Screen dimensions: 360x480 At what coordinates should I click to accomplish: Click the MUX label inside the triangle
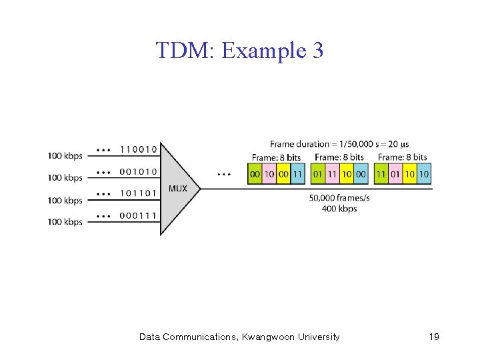pyautogui.click(x=178, y=189)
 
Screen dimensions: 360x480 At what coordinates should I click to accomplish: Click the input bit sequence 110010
pyautogui.click(x=139, y=149)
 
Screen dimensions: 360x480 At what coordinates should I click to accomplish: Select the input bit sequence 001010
pyautogui.click(x=139, y=171)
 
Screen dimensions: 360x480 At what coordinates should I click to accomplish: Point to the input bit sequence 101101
pyautogui.click(x=139, y=193)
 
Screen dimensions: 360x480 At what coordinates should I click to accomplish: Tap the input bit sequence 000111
pyautogui.click(x=139, y=215)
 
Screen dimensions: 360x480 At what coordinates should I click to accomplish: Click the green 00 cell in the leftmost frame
pyautogui.click(x=255, y=174)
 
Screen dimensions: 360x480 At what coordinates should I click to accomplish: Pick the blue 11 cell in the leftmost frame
pyautogui.click(x=297, y=174)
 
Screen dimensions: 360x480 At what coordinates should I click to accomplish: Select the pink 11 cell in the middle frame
pyautogui.click(x=332, y=174)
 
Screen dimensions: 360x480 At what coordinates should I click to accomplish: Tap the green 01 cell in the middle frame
pyautogui.click(x=318, y=174)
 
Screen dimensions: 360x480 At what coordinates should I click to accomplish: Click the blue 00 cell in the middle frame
pyautogui.click(x=361, y=174)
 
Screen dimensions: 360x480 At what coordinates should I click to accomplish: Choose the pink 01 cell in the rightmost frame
pyautogui.click(x=395, y=174)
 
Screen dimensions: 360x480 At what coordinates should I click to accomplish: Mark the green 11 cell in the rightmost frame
pyautogui.click(x=381, y=174)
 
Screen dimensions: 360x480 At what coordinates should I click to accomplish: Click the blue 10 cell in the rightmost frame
pyautogui.click(x=424, y=174)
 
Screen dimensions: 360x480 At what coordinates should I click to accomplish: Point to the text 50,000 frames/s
pyautogui.click(x=339, y=198)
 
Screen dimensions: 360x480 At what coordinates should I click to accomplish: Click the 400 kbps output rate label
pyautogui.click(x=339, y=209)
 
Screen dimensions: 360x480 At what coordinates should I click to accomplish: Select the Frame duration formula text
pyautogui.click(x=339, y=144)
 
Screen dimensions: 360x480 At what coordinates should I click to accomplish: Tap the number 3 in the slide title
pyautogui.click(x=317, y=50)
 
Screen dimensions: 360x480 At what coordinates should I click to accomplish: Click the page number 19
pyautogui.click(x=434, y=337)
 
